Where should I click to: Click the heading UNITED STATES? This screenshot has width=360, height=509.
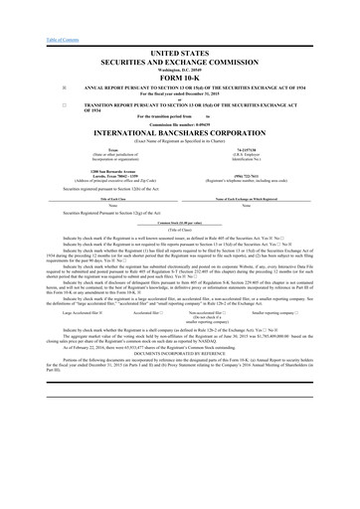click(179, 49)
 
